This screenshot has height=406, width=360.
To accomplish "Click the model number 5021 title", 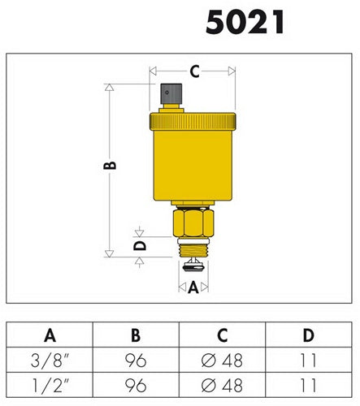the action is [245, 22].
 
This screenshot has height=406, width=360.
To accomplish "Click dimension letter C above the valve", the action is [194, 71].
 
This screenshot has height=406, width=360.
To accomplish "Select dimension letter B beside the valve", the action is [110, 165].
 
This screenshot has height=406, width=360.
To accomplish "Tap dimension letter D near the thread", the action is [140, 245].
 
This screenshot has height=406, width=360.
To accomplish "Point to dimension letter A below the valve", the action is [193, 287].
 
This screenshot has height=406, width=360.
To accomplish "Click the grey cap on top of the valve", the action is [171, 93].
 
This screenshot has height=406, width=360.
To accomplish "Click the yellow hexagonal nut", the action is [193, 222].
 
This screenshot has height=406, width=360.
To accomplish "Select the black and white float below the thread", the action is [193, 266].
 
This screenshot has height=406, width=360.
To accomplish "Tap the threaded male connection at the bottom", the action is [193, 250].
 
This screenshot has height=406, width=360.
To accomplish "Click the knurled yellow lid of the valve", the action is [193, 121].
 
